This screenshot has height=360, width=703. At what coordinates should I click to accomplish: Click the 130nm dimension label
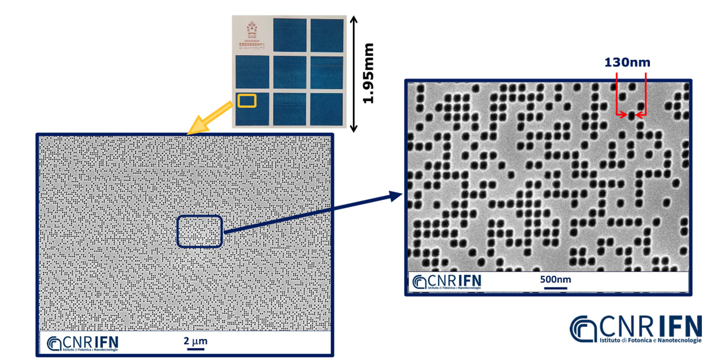pyautogui.click(x=627, y=63)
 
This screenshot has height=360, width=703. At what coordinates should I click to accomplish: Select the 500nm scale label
pyautogui.click(x=555, y=279)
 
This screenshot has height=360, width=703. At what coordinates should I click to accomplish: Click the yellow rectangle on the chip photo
pyautogui.click(x=247, y=100)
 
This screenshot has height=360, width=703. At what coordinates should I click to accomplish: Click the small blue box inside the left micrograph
pyautogui.click(x=199, y=230)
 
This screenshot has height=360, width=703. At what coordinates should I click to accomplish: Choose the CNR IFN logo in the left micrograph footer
pyautogui.click(x=83, y=343)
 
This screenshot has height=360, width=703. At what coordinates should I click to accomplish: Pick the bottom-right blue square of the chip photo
pyautogui.click(x=327, y=108)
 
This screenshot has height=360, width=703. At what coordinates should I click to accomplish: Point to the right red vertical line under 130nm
pyautogui.click(x=645, y=94)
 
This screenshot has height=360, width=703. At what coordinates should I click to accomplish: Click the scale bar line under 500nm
pyautogui.click(x=555, y=287)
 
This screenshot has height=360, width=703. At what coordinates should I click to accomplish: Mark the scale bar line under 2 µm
pyautogui.click(x=195, y=349)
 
